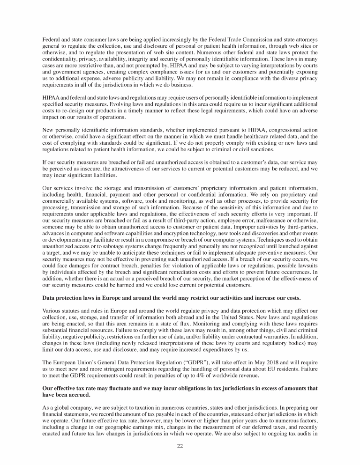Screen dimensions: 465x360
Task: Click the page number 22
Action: [x=180, y=446]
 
